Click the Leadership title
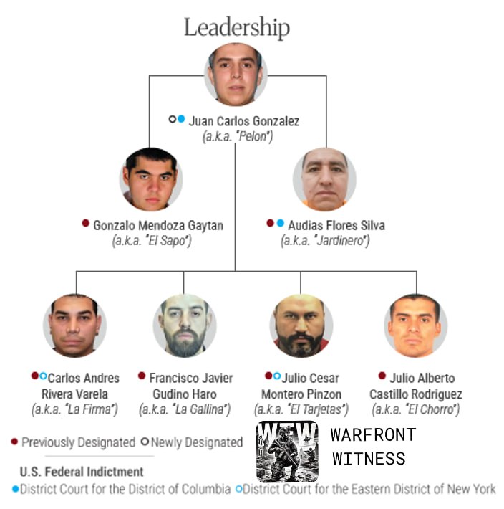point(237,27)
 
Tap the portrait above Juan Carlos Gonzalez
point(236,75)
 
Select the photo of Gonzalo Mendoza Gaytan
point(151,179)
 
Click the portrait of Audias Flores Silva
point(324,179)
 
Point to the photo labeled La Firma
point(74,325)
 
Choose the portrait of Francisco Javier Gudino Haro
point(185,325)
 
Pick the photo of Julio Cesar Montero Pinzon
point(301,325)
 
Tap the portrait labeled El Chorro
point(415,325)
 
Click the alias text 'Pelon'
point(238,137)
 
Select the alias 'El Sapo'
point(152,241)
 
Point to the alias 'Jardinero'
point(325,241)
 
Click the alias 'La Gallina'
point(185,409)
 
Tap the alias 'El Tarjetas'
point(301,409)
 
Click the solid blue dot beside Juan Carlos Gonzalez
point(181,119)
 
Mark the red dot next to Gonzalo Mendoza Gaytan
point(86,224)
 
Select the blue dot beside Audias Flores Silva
point(281,224)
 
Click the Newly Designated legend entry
point(192,442)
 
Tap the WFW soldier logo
point(287,452)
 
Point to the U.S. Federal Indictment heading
point(82,472)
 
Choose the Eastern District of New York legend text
point(366,489)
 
